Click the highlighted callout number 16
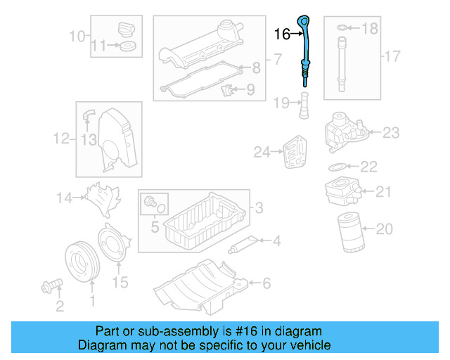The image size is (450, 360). click(x=282, y=34)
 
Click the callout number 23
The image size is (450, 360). click(x=390, y=131)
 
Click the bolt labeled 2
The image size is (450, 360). click(x=51, y=285)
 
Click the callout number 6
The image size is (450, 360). click(x=266, y=283)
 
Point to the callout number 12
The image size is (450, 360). click(x=62, y=139)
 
